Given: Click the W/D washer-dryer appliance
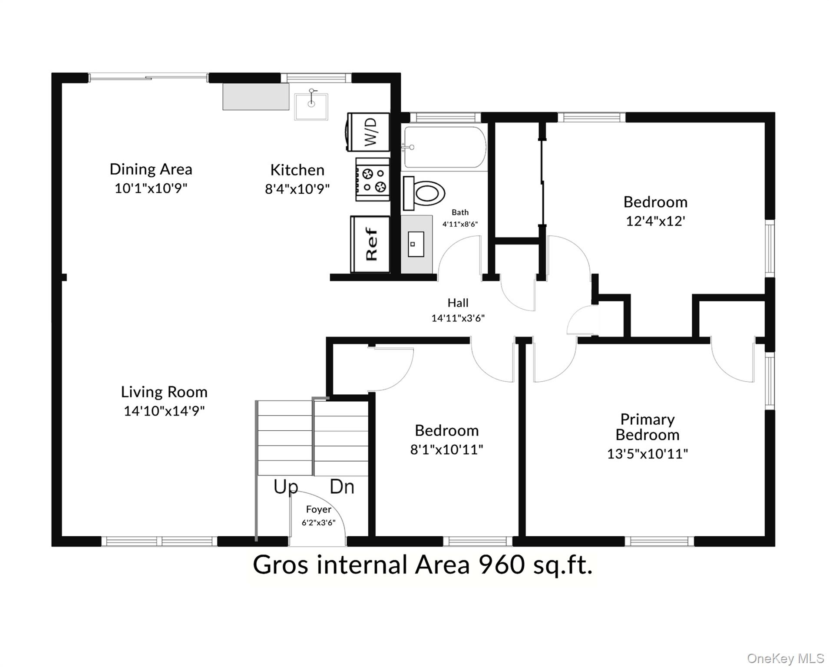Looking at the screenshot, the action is [368, 132].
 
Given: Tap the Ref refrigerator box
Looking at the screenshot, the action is [370, 244].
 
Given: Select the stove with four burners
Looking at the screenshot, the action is [372, 179].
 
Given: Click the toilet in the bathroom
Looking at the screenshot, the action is [424, 193].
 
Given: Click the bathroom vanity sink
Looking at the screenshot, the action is [416, 244].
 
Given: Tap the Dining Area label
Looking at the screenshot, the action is [151, 169].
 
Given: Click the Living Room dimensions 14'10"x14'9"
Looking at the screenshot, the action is [164, 410].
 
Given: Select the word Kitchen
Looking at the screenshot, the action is [297, 170].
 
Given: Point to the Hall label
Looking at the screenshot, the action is [458, 303].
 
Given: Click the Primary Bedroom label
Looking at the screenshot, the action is [647, 427].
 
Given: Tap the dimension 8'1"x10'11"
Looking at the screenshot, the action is [446, 449].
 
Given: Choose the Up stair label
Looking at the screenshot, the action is [285, 487].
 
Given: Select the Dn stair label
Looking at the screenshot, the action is [342, 487].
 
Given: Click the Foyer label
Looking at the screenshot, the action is [318, 509].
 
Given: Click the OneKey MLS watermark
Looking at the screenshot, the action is [785, 658].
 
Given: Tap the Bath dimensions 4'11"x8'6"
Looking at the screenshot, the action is [460, 224].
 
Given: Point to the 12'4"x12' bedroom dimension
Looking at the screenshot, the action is [655, 221].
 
